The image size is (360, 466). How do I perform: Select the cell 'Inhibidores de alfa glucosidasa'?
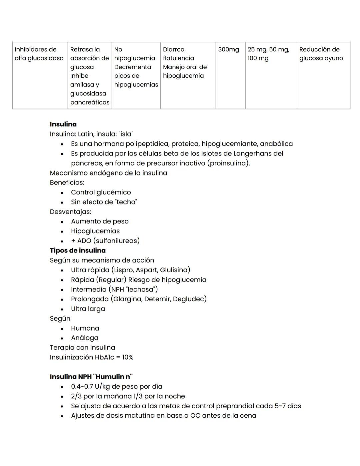(x=39, y=54)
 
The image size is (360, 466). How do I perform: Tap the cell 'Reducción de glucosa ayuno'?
(x=321, y=54)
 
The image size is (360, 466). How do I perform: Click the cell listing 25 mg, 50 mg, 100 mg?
(x=268, y=54)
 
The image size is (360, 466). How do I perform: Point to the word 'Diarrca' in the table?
(x=174, y=50)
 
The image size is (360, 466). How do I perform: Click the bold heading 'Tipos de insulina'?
(x=78, y=251)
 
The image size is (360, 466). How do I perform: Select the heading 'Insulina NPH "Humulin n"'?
(x=91, y=377)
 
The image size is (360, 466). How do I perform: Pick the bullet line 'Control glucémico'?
(x=101, y=192)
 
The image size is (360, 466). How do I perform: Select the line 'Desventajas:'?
(x=70, y=211)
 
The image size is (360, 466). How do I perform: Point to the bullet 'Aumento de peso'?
(x=100, y=221)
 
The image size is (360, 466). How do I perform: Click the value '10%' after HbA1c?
(x=128, y=357)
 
